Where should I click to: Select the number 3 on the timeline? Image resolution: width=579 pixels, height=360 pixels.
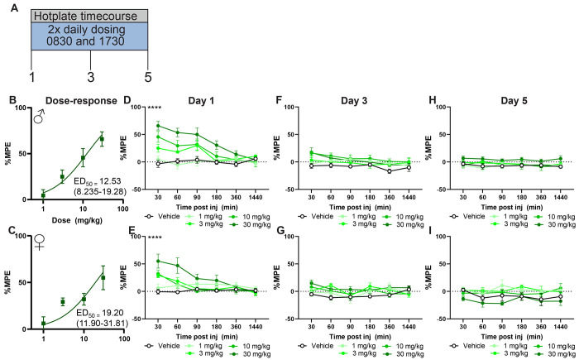click(90, 77)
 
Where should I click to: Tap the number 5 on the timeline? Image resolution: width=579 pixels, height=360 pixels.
click(148, 77)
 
